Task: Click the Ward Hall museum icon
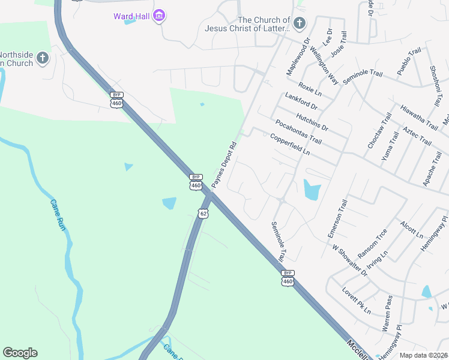coord(159,16)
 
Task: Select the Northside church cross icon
coord(42,58)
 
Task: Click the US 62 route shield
coord(203,213)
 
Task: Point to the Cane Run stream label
coord(57,216)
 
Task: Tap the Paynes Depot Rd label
coord(224,164)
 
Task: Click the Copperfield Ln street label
coord(289,145)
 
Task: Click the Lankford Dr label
coord(301,102)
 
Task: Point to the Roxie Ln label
coord(310,90)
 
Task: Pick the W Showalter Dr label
coord(350,260)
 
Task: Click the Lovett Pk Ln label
coord(356,304)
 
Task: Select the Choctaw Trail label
coord(379,131)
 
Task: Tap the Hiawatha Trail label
coord(418,116)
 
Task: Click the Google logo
coord(20,353)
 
